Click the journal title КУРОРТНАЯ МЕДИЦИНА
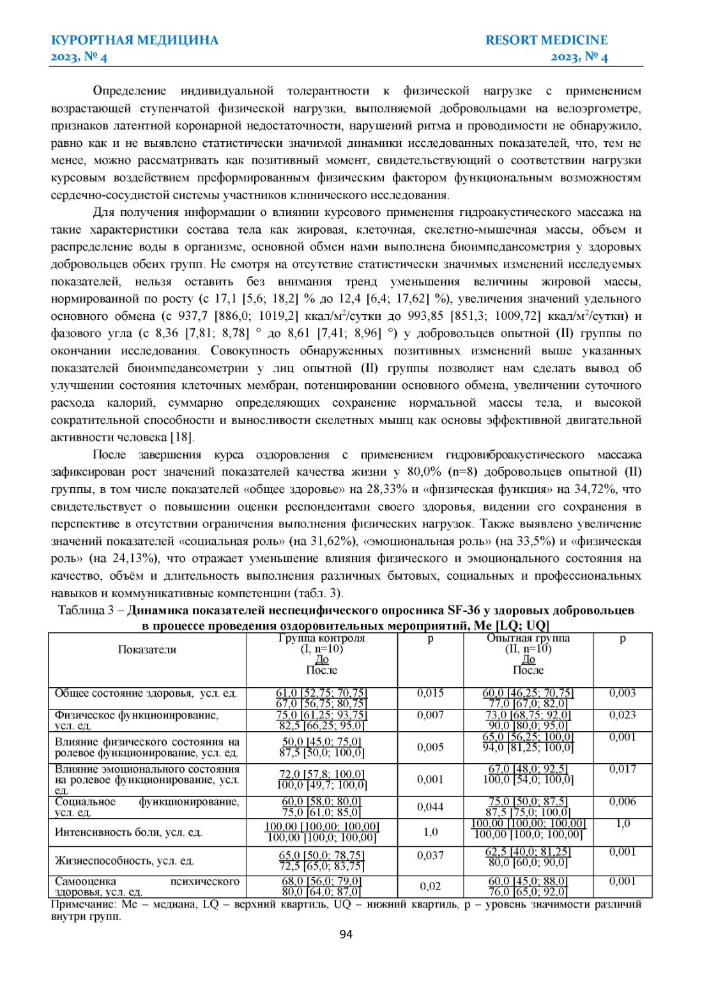click(x=134, y=40)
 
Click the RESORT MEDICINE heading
click(x=546, y=40)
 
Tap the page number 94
click(x=346, y=934)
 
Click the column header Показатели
click(x=147, y=649)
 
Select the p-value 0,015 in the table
click(x=430, y=693)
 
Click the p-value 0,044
click(x=430, y=807)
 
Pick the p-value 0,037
click(x=430, y=855)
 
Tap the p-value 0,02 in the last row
click(x=430, y=886)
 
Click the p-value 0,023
click(x=622, y=715)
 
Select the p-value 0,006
click(x=622, y=801)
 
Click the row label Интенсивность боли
click(x=128, y=832)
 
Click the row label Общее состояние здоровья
click(x=145, y=694)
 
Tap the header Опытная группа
click(x=528, y=638)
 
